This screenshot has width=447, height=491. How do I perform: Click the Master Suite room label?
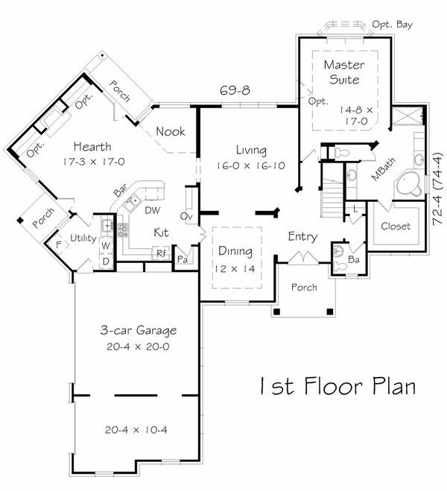point(342,72)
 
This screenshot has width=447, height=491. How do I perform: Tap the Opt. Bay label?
point(392,25)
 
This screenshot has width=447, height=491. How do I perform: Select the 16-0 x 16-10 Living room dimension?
point(250,165)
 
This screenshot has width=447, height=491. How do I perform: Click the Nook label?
point(170,132)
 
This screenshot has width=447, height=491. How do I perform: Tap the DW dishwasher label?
point(153,211)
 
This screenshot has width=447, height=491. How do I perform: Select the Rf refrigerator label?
point(160,253)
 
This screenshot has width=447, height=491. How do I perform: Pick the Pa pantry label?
point(182,260)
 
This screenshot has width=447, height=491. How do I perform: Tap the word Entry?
point(303,237)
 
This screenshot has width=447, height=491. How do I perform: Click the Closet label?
point(395,226)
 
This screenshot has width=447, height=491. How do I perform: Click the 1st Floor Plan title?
point(336,387)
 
